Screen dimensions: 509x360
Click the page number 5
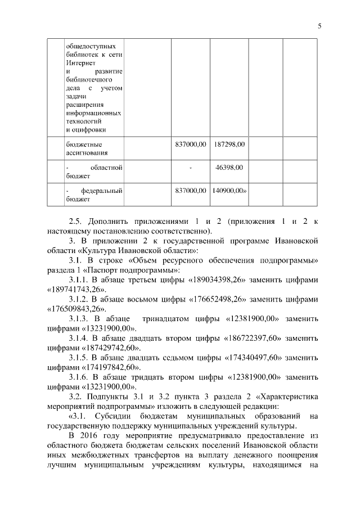pyautogui.click(x=319, y=25)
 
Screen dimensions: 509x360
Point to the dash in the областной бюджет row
pyautogui.click(x=191, y=168)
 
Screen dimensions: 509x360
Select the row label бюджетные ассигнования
pyautogui.click(x=84, y=148)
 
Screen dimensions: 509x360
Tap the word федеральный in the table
pyautogui.click(x=102, y=191)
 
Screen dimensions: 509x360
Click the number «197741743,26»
pyautogui.click(x=75, y=289)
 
